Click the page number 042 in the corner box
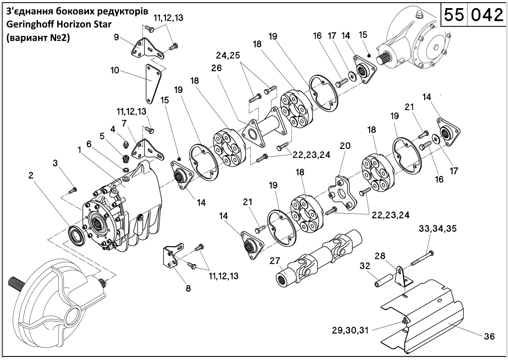tap(487, 14)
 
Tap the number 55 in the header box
tap(454, 14)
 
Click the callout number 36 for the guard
tap(489, 337)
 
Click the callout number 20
tap(345, 146)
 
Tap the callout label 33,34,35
tap(438, 229)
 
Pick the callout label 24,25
tap(228, 55)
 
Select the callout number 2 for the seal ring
tap(31, 175)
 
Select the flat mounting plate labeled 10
tap(152, 83)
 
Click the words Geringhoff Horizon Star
tap(58, 25)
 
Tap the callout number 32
tap(365, 266)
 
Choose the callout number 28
tap(380, 256)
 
